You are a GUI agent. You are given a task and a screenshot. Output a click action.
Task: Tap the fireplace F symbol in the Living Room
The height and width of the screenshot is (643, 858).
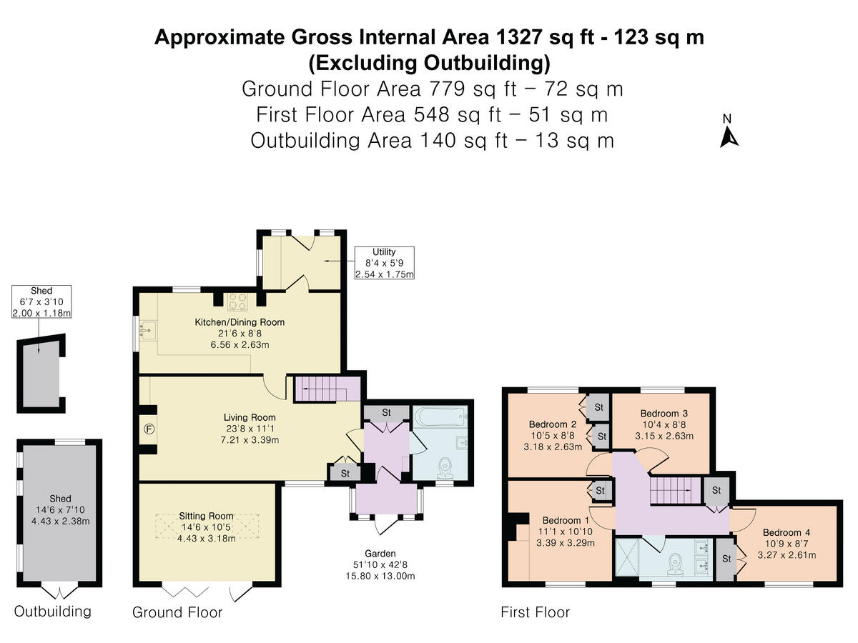tap(149, 429)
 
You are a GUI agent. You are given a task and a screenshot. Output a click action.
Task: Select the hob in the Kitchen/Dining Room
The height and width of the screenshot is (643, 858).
tap(237, 301)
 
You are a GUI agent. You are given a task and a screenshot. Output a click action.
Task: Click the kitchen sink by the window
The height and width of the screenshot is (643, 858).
tap(148, 331)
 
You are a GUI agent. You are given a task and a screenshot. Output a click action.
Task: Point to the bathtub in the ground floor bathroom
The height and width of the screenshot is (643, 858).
tap(440, 417)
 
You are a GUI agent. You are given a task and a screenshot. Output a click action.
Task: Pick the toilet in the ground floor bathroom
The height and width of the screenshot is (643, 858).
tap(445, 469)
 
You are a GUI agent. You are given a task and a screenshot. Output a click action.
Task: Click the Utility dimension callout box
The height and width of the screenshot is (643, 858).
tap(384, 263)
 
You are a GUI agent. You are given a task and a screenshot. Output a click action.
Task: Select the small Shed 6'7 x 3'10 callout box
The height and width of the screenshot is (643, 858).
tap(41, 301)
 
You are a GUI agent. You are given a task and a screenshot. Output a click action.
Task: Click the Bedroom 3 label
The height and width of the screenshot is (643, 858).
tap(664, 413)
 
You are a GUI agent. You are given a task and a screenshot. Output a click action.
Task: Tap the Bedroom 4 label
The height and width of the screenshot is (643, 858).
tap(786, 532)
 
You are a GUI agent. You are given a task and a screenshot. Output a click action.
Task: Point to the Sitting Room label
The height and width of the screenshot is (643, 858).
tap(206, 516)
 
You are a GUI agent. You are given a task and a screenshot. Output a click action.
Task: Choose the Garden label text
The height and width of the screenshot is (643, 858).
tap(380, 553)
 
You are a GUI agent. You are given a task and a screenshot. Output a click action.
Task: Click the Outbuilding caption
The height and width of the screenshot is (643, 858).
tap(52, 612)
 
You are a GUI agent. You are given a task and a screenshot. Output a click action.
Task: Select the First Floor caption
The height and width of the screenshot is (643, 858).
tap(535, 612)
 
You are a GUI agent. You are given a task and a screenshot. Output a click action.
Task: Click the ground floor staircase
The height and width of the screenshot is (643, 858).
tap(327, 389)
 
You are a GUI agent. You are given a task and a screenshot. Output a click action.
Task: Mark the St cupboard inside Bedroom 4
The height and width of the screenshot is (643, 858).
tap(726, 559)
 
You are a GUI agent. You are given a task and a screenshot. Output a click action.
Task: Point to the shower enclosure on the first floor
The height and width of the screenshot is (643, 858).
tap(627, 557)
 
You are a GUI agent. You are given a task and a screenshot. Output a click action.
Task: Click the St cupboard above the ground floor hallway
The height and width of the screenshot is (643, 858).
tap(386, 413)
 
